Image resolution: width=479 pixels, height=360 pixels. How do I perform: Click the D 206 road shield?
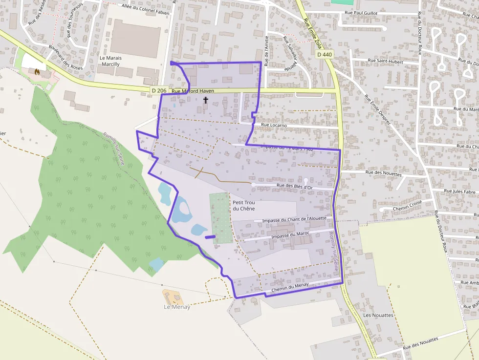[159, 90]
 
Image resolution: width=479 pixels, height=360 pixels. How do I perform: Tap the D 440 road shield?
[324, 55]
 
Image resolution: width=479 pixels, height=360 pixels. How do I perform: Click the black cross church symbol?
[206, 100]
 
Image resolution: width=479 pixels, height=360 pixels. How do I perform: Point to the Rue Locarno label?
[274, 125]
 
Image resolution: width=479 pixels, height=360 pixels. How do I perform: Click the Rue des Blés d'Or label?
[294, 186]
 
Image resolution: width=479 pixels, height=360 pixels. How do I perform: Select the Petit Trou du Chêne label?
[243, 206]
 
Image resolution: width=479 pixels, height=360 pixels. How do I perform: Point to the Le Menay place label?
[176, 307]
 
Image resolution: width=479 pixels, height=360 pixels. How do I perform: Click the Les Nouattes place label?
[378, 315]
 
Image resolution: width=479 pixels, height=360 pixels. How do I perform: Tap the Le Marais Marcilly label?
[110, 61]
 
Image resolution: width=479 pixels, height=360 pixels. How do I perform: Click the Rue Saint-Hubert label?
[385, 62]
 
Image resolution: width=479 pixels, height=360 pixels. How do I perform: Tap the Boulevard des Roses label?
[66, 57]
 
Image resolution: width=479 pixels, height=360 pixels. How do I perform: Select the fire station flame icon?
[36, 71]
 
